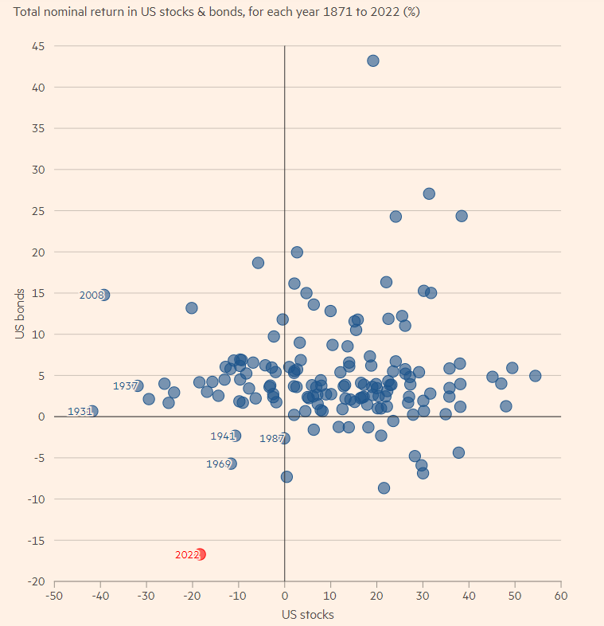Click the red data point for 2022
[201, 554]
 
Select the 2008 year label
[92, 295]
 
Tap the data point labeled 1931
[93, 411]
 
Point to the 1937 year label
[125, 386]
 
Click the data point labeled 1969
[232, 464]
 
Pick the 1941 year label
[222, 436]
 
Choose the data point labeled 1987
[284, 438]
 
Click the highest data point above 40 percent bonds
[372, 61]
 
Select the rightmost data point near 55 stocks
[535, 376]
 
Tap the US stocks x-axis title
[307, 614]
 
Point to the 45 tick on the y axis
[37, 46]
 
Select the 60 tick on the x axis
[560, 596]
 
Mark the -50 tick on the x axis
[54, 596]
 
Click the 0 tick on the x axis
[284, 596]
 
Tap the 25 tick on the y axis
[37, 211]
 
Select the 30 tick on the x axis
[423, 596]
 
